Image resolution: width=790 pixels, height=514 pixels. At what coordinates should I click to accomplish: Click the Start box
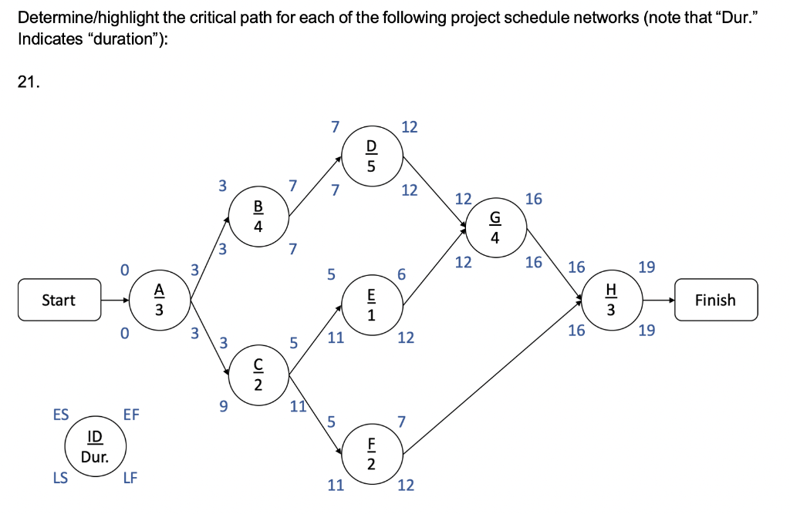click(59, 300)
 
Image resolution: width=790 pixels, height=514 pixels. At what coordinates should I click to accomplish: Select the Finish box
click(715, 300)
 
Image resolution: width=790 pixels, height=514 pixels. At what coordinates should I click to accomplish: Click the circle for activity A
click(159, 300)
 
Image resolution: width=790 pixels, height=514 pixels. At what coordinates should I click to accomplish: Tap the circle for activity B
click(258, 217)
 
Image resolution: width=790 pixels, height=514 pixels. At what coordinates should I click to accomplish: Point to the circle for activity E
click(371, 304)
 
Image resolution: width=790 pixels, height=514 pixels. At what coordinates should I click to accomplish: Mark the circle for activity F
click(371, 454)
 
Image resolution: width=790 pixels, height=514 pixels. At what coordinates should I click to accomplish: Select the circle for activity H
click(611, 300)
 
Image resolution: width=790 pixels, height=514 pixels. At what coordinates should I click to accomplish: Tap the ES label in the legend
click(59, 415)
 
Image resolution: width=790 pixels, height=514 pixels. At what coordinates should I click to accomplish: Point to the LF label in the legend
click(130, 478)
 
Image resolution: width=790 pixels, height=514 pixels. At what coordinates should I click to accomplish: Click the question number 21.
click(28, 83)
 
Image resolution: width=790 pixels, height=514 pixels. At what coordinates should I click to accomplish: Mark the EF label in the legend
click(131, 415)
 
